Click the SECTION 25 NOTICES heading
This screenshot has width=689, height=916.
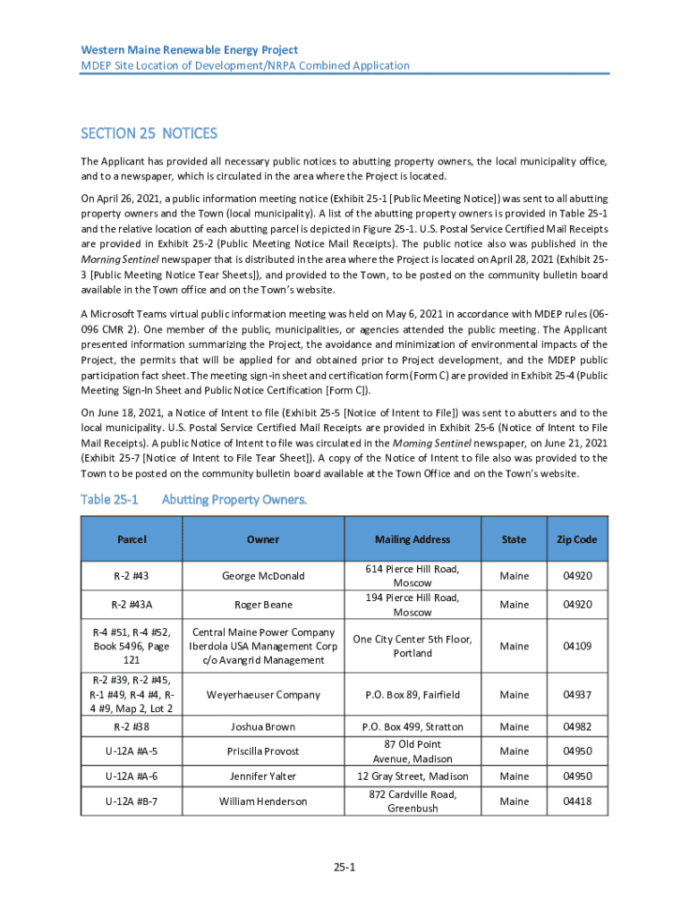pyautogui.click(x=149, y=133)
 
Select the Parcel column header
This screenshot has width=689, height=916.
pyautogui.click(x=132, y=539)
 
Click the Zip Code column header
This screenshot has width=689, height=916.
pyautogui.click(x=576, y=539)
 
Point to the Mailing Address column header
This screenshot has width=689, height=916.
pyautogui.click(x=413, y=539)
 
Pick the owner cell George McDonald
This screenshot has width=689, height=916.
pyautogui.click(x=263, y=576)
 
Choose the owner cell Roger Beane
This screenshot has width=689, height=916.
pyautogui.click(x=263, y=605)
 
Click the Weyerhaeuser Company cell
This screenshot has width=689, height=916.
pyautogui.click(x=263, y=694)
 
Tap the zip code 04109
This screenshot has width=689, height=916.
pyautogui.click(x=576, y=646)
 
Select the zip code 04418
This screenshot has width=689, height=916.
pyautogui.click(x=576, y=801)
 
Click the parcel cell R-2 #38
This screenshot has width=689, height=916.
pyautogui.click(x=132, y=727)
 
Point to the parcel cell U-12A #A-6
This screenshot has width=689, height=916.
pyautogui.click(x=132, y=776)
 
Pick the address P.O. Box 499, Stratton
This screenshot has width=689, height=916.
pyautogui.click(x=413, y=727)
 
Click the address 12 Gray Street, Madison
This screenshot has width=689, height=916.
pyautogui.click(x=413, y=776)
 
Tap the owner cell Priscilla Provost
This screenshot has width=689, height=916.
pyautogui.click(x=263, y=751)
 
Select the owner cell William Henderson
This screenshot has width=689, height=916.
pyautogui.click(x=263, y=801)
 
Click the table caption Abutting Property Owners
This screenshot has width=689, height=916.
pyautogui.click(x=234, y=499)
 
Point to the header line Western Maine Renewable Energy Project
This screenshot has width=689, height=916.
pyautogui.click(x=189, y=50)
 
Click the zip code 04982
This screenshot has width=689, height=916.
pyautogui.click(x=576, y=727)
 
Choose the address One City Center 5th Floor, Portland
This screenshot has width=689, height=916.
pyautogui.click(x=413, y=646)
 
